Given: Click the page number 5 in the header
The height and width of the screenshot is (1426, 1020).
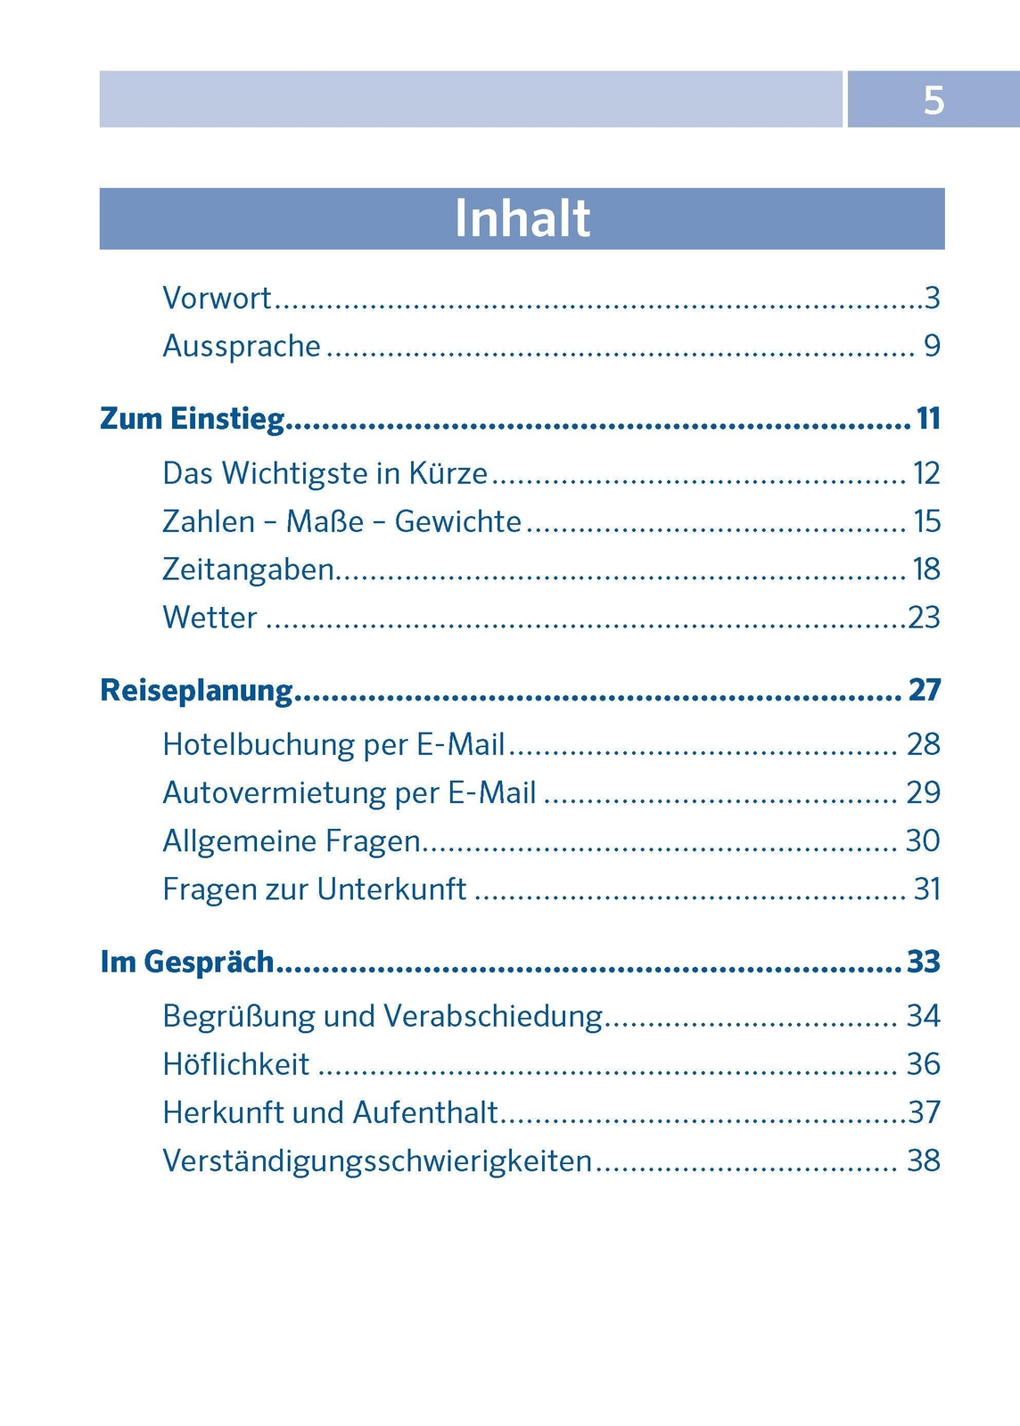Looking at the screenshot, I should [933, 100].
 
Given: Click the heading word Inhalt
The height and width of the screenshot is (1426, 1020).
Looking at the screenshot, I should [522, 218].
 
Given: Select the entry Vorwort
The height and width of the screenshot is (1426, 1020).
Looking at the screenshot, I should [217, 298].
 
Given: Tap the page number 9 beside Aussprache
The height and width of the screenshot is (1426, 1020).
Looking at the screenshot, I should [932, 346].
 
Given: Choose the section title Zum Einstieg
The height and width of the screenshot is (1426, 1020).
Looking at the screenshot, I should [192, 418].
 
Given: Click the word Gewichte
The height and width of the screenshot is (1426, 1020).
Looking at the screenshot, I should [457, 521].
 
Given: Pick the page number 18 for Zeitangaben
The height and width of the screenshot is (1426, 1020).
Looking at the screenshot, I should [926, 570].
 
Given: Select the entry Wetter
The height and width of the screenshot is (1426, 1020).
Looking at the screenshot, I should [210, 618].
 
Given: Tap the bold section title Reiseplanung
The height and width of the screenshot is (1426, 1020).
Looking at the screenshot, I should [196, 690].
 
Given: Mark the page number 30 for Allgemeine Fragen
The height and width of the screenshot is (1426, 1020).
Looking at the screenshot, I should [923, 840].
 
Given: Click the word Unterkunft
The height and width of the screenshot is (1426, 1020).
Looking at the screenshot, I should [391, 889].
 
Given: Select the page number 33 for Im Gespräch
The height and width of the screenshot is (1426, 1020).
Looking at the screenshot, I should [924, 962].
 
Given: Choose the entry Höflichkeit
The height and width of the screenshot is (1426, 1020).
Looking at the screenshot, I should [235, 1064].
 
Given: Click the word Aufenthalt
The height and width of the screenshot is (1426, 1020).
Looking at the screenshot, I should [425, 1112].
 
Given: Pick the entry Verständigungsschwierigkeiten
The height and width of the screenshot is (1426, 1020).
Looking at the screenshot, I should [377, 1160].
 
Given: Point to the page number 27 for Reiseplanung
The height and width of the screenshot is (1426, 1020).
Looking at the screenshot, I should [925, 690].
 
